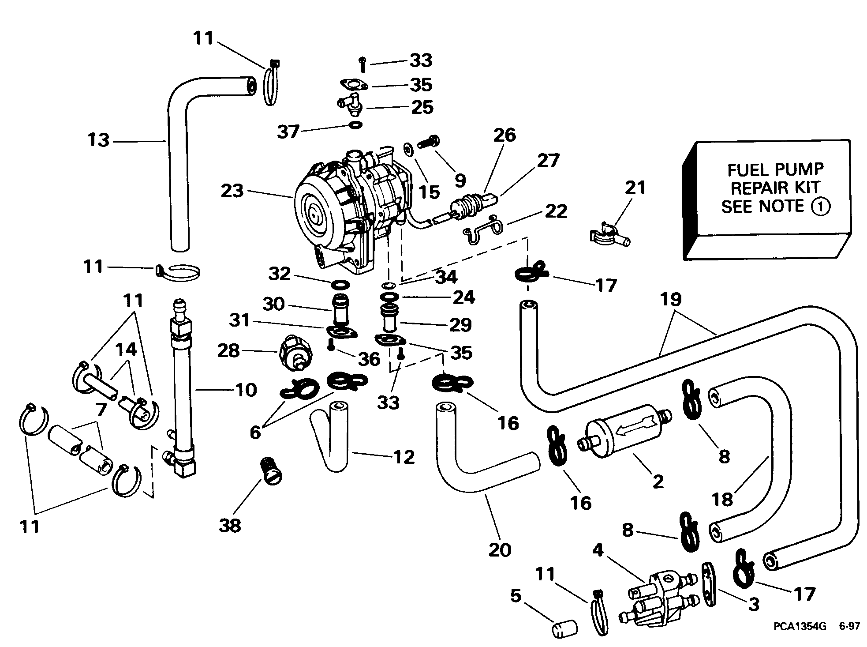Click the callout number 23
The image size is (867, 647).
[232, 191]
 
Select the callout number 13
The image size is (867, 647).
[98, 140]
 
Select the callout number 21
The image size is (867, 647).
[635, 188]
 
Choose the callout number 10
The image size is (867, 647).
[246, 390]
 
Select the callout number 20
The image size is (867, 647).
[499, 549]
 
